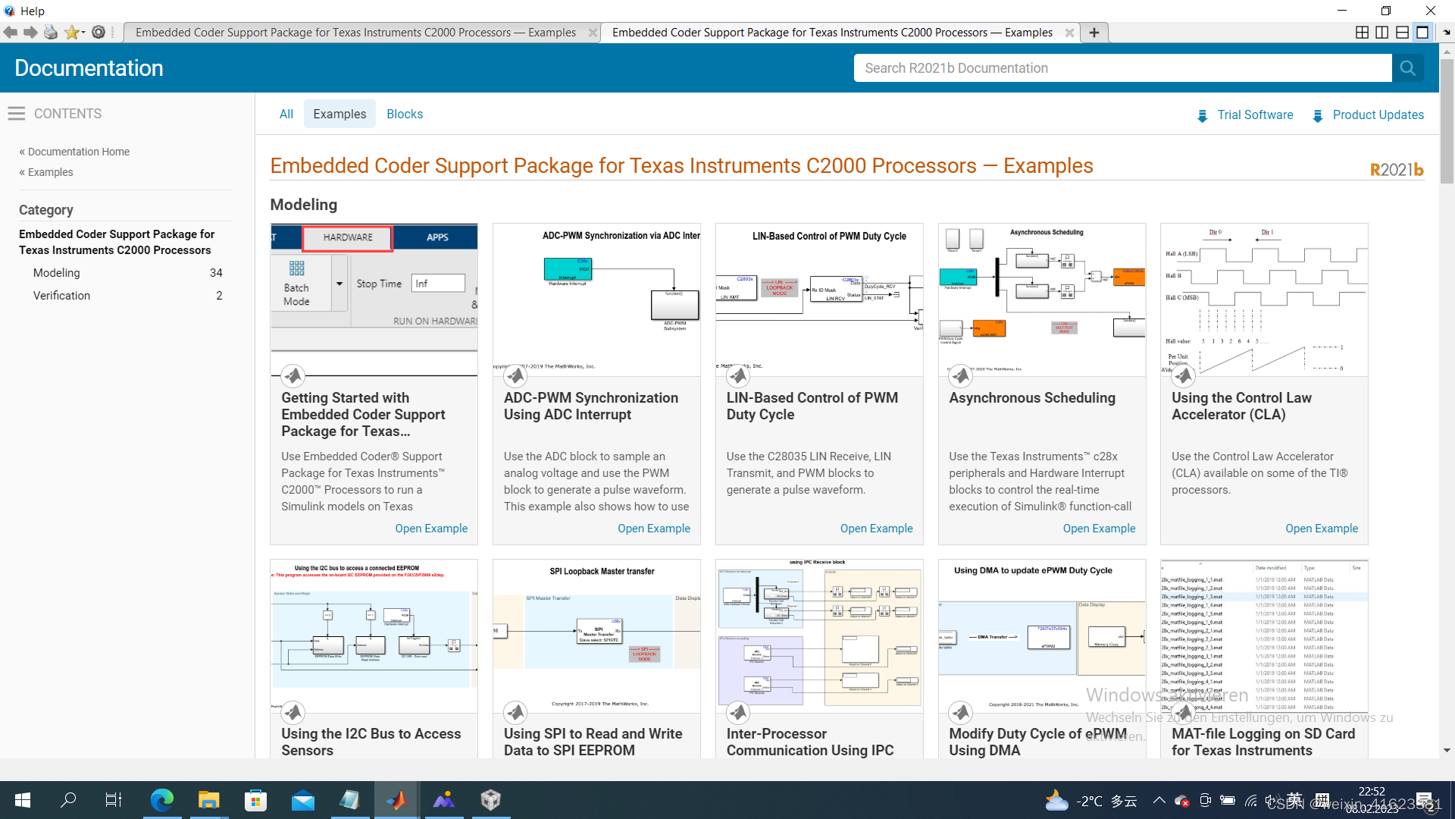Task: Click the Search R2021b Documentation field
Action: (x=1122, y=68)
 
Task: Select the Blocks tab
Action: (x=405, y=114)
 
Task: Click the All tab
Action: (x=286, y=114)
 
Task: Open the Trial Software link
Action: (x=1254, y=115)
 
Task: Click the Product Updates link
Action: (x=1378, y=115)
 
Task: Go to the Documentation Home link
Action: (x=78, y=152)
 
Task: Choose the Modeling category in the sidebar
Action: (x=57, y=273)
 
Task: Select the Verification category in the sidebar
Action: (x=61, y=296)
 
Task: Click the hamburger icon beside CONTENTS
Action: (x=17, y=114)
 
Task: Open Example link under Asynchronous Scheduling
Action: (x=1099, y=529)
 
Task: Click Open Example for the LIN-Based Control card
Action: (x=876, y=529)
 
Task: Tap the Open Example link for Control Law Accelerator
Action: (x=1321, y=529)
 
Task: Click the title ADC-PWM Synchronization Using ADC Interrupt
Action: (x=590, y=406)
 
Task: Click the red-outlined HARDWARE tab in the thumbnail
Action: (x=348, y=237)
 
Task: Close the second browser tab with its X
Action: (x=1069, y=33)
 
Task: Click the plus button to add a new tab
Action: (x=1094, y=33)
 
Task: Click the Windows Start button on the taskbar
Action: (x=23, y=800)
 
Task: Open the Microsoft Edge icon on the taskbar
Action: (x=161, y=800)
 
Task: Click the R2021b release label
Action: (x=1396, y=170)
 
